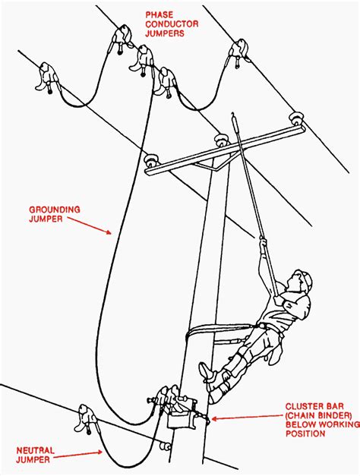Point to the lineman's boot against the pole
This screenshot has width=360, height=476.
coord(207,371)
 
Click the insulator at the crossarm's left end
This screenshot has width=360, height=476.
coord(151,160)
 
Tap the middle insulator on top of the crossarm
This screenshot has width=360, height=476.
coord(221,139)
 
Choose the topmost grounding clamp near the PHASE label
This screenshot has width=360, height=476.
coord(120,36)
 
